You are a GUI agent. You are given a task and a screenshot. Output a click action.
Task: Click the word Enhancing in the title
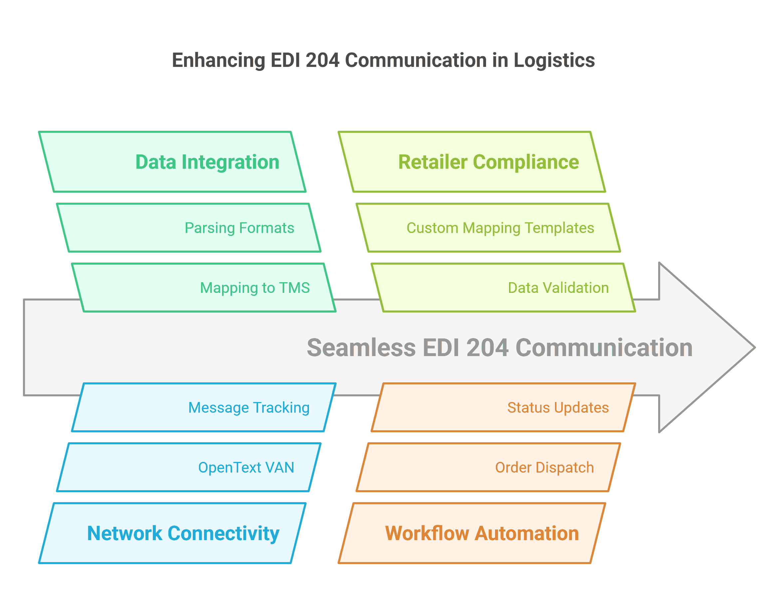218,60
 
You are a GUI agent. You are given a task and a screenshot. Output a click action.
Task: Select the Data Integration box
172,162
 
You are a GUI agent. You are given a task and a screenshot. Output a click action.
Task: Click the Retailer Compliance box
472,162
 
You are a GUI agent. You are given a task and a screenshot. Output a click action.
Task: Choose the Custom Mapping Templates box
488,228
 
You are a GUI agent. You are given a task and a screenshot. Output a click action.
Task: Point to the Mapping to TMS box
204,288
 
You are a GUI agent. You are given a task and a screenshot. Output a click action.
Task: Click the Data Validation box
503,288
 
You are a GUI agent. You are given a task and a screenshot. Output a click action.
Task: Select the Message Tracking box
204,407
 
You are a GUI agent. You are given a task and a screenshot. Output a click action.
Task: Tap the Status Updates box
503,407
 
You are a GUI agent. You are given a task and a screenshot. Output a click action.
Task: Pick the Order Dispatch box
488,467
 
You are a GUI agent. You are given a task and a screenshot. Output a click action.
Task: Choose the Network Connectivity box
172,533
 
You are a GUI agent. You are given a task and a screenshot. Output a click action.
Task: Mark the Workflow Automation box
472,533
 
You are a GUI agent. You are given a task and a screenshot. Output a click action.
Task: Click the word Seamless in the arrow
361,348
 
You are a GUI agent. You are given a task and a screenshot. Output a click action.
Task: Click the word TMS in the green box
294,288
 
